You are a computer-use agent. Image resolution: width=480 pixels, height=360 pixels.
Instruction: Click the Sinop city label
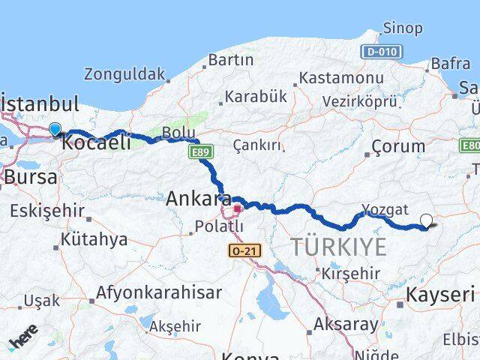[x=403, y=28]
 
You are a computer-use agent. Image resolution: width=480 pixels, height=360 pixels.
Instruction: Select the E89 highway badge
[x=199, y=153]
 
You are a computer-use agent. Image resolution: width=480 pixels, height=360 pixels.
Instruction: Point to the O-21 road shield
[x=245, y=250]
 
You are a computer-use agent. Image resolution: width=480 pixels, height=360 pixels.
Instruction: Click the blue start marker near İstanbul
[x=55, y=129]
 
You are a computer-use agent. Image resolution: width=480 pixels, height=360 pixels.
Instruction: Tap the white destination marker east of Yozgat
[x=427, y=220]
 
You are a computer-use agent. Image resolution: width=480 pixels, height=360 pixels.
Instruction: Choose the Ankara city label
[x=198, y=199]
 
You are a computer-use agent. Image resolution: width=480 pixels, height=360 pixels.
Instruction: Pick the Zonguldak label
[x=124, y=73]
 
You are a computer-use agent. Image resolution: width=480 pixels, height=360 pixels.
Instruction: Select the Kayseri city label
[x=440, y=294]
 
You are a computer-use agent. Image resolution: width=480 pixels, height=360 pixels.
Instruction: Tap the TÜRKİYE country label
[x=338, y=247]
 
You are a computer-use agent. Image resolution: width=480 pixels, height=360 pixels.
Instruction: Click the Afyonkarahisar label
[x=160, y=292]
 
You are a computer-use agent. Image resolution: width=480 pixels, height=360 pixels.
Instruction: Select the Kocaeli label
[x=96, y=142]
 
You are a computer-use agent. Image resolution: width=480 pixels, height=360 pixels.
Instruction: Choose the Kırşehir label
[x=352, y=274]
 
